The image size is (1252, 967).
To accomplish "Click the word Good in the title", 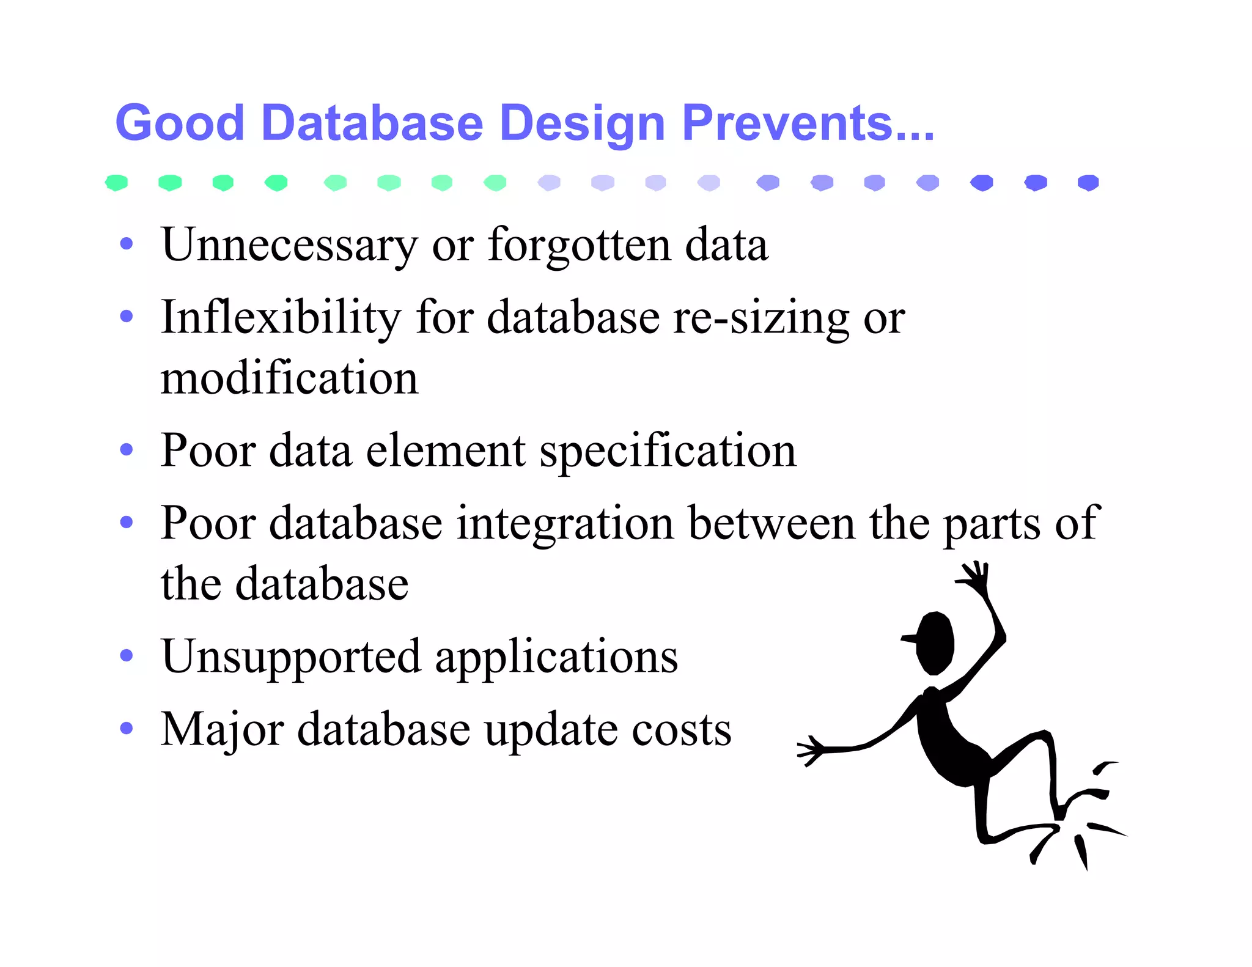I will pos(180,123).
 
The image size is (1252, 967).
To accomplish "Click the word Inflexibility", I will pos(281,317).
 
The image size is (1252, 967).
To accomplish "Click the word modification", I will pos(289,378).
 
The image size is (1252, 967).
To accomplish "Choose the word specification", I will pos(668,451).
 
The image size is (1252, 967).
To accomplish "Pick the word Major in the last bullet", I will pos(222,729).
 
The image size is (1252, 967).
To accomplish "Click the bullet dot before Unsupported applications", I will pos(127,656).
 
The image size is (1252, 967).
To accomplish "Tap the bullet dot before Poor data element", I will pos(127,450).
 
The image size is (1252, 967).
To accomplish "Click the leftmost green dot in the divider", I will pos(116,182).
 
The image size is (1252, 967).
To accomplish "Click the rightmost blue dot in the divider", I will pos(1088,182).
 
